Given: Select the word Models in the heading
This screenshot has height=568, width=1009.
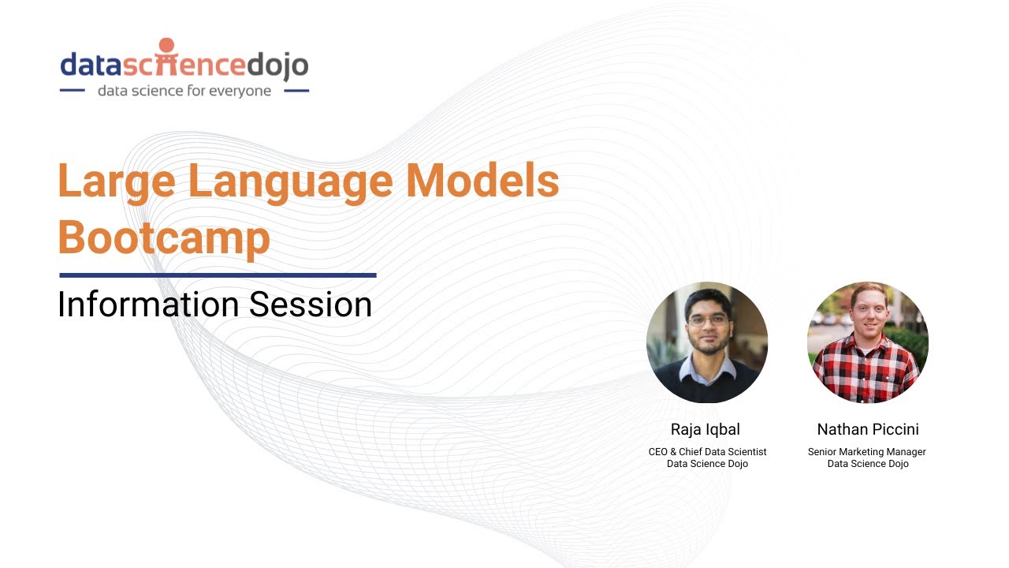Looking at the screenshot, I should pos(482,181).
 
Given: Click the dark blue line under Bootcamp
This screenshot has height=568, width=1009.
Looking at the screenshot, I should pos(218,275).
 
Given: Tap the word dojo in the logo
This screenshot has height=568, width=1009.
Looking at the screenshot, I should pos(276,65).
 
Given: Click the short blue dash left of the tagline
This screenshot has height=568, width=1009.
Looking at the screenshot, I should pos(72,91).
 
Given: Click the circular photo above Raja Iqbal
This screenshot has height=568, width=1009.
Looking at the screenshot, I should pos(706,342).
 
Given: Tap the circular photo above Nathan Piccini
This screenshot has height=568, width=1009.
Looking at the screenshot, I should pos(868,342).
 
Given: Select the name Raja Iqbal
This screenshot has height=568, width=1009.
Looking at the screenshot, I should pos(706,430).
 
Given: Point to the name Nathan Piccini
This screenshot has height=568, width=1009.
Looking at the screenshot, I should pos(868,430).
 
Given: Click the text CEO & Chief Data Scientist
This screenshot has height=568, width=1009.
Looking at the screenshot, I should pos(707,452).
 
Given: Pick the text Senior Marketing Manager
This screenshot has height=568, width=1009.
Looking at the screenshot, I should pos(867,452).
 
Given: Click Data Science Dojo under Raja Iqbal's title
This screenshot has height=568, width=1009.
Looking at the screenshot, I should pos(707,464).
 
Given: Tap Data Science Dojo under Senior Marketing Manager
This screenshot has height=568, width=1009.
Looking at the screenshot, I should pos(868,464).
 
